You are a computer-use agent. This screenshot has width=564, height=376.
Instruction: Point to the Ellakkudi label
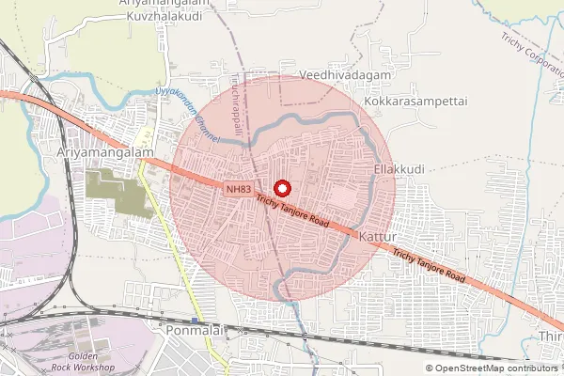click(399, 169)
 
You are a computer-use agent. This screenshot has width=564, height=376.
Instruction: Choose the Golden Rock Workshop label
click(84, 362)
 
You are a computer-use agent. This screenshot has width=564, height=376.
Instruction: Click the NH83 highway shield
click(239, 189)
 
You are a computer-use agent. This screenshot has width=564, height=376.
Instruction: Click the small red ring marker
click(280, 187)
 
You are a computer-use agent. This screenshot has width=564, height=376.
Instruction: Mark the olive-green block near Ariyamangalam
click(117, 188)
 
